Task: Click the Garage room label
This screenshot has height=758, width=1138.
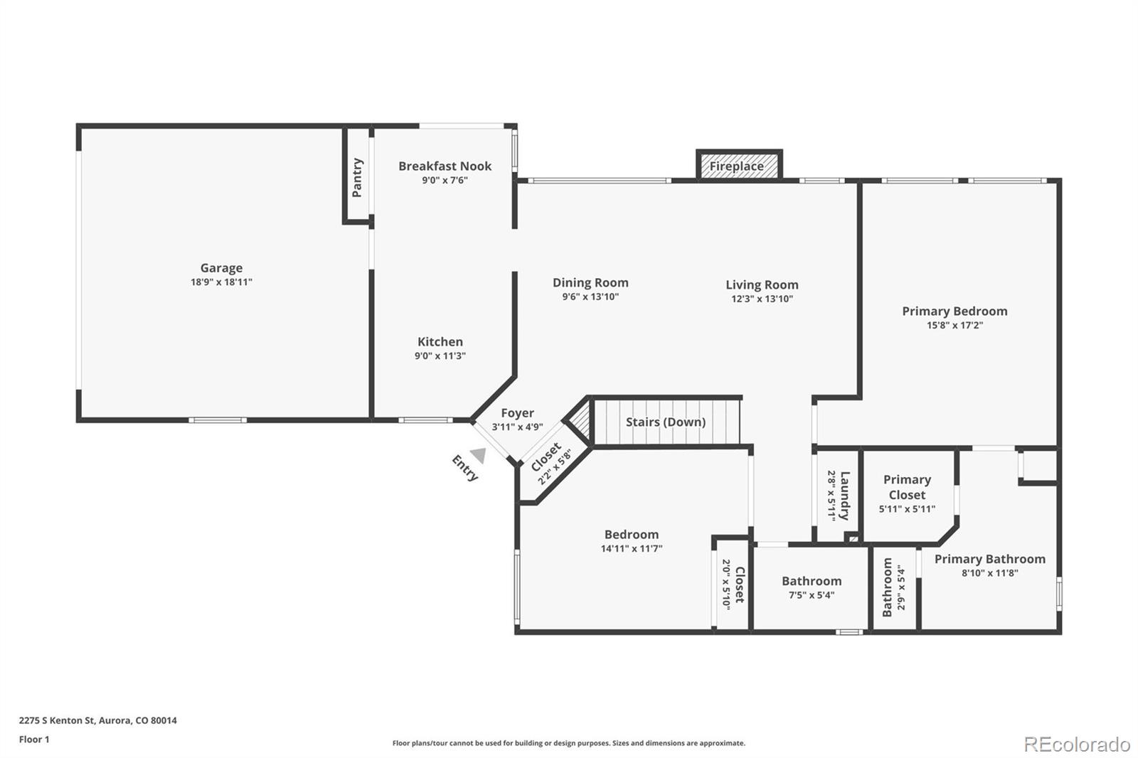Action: [x=221, y=268]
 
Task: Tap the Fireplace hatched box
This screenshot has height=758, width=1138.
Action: [x=738, y=166]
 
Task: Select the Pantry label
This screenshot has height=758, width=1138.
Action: [x=357, y=177]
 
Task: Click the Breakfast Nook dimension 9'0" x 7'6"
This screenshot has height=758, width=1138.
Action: [x=445, y=181]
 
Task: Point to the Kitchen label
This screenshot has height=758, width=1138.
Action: [x=440, y=342]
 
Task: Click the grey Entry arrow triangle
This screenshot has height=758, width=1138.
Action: [x=479, y=455]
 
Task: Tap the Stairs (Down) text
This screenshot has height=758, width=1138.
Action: [x=665, y=422]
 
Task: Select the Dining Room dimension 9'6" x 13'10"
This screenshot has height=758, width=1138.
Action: [x=590, y=297]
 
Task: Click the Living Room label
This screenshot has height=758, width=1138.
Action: [x=762, y=284]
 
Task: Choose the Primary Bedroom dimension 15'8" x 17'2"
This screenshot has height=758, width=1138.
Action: [x=954, y=326]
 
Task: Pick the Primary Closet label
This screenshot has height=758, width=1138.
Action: [x=907, y=487]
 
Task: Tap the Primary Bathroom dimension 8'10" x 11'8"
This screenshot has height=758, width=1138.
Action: [x=989, y=573]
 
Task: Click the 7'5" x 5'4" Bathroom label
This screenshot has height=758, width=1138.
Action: [x=811, y=581]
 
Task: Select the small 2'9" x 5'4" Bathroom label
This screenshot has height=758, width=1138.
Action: [x=888, y=587]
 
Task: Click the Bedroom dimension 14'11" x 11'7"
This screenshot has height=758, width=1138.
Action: [x=632, y=549]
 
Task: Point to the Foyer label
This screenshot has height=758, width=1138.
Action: [x=517, y=413]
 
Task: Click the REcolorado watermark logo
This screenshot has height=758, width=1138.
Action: [x=1076, y=744]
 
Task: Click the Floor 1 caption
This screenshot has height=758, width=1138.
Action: [x=34, y=740]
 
